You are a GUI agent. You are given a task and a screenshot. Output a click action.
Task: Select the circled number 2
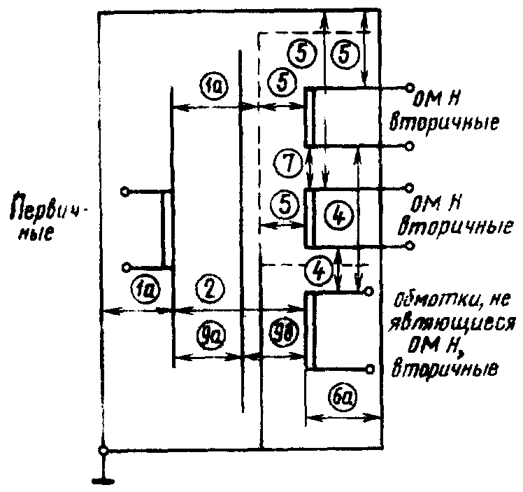pos(210,286)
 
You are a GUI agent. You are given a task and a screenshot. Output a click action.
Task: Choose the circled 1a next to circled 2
pos(146,286)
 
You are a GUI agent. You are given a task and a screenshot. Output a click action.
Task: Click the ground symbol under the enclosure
pos(103,479)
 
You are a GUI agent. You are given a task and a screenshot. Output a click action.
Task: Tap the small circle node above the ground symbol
pos(103,451)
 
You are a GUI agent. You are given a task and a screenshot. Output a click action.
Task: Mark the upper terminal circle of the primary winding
pos(125,190)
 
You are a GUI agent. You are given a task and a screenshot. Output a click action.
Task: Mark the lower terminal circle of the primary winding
pos(125,267)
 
